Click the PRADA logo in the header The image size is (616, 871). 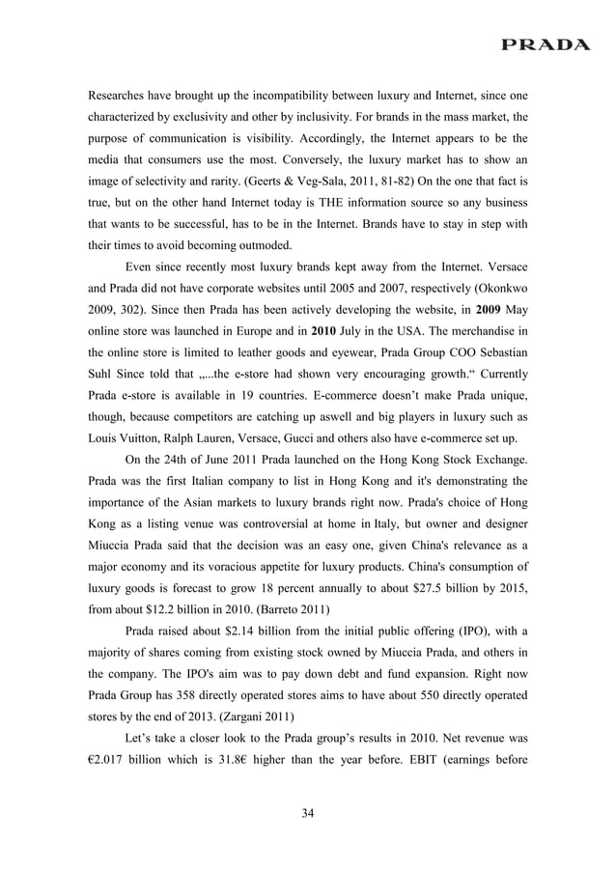pyautogui.click(x=546, y=44)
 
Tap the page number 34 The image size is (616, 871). pyautogui.click(x=308, y=814)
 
